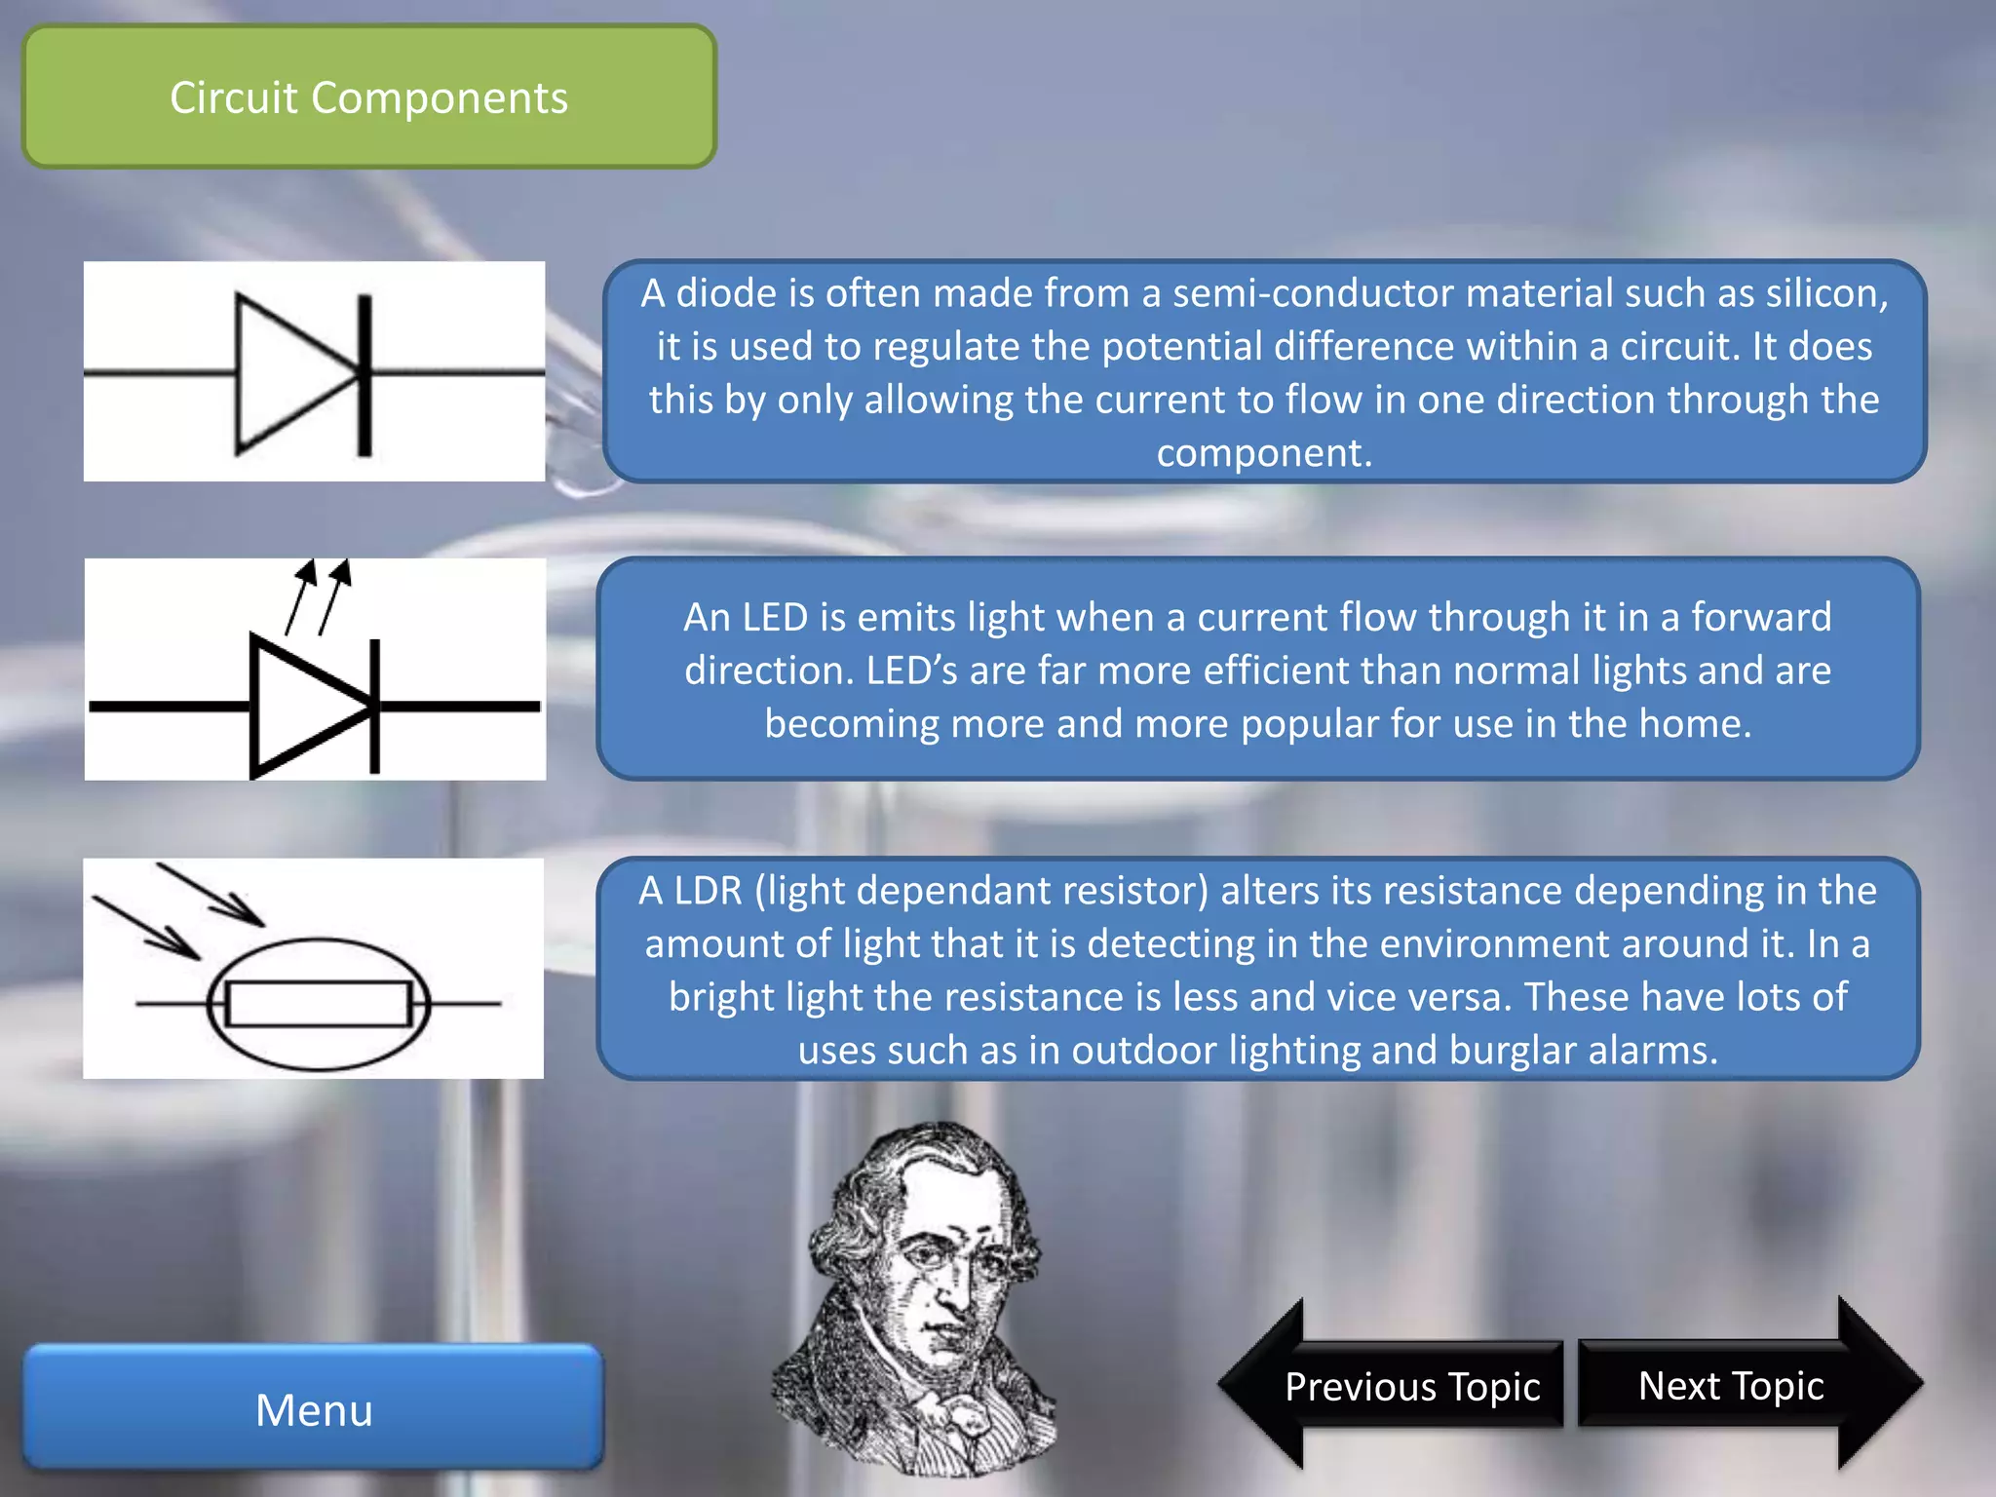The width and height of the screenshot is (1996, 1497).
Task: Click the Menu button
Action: point(314,1409)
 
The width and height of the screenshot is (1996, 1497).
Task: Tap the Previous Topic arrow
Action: point(1411,1386)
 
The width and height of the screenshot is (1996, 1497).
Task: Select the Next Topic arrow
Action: point(1731,1385)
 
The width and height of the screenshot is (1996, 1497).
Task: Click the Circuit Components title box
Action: point(369,97)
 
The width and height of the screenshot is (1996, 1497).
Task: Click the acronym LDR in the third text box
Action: point(708,891)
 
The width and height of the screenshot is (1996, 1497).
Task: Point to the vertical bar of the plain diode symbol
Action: point(365,374)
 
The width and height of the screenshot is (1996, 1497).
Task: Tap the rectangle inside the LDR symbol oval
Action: point(319,1004)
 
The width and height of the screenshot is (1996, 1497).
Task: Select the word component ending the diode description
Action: point(1263,453)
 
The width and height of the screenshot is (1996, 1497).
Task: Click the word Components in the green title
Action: point(439,97)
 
